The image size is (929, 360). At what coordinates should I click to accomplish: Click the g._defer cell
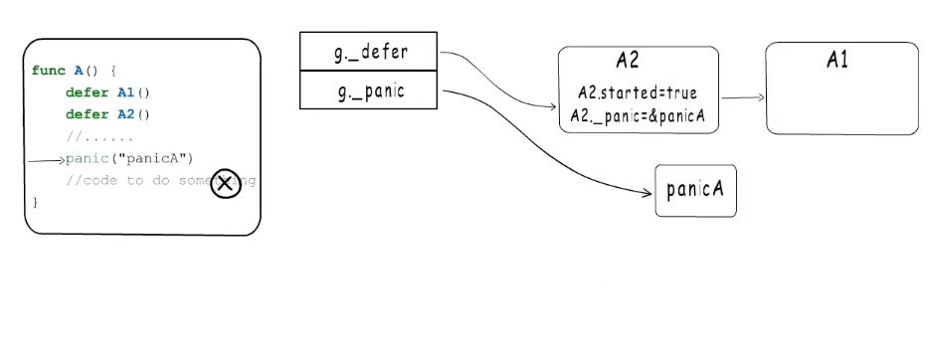(369, 52)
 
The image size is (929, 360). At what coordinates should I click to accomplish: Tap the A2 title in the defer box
(627, 61)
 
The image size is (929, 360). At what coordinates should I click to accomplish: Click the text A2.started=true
(638, 93)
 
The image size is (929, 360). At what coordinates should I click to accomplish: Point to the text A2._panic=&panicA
(638, 115)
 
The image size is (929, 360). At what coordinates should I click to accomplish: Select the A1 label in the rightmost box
(837, 61)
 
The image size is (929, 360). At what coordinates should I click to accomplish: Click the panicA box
(695, 190)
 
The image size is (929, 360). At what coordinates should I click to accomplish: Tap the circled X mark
(226, 183)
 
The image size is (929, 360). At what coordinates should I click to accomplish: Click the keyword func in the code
(49, 71)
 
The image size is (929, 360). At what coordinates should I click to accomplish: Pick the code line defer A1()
(107, 92)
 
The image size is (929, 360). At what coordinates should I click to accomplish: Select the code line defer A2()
(107, 114)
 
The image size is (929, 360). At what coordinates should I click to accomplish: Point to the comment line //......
(98, 136)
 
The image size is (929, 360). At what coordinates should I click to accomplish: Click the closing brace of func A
(36, 203)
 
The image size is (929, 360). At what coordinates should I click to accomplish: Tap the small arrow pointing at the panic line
(47, 159)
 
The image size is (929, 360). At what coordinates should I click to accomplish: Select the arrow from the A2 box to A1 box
(742, 97)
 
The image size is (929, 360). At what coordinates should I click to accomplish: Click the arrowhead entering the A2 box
(553, 106)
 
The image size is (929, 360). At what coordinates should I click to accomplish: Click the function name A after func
(79, 71)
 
